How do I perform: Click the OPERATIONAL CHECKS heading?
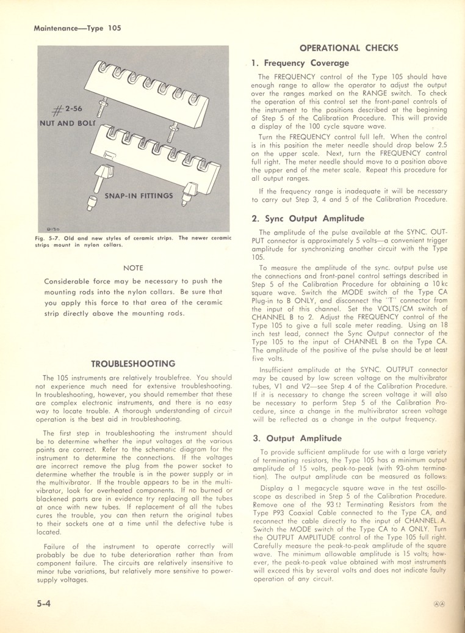pos(350,48)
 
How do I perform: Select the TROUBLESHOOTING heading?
pos(133,363)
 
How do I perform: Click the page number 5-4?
pos(45,602)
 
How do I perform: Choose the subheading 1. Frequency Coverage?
pos(300,63)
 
